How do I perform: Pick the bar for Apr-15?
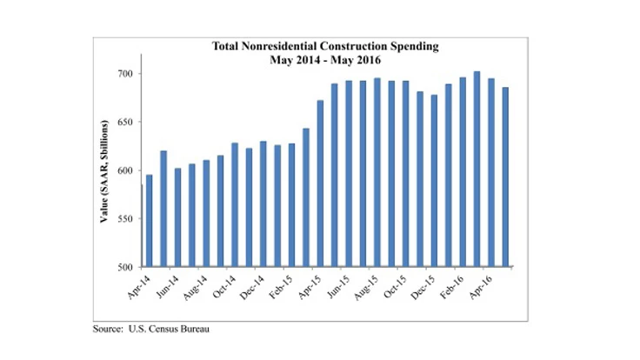(320, 183)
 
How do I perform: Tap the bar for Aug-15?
(377, 172)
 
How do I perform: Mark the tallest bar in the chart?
(477, 169)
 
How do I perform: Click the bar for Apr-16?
(490, 172)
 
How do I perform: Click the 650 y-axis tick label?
(127, 122)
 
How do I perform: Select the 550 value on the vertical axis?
(127, 218)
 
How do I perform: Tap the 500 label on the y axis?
(127, 267)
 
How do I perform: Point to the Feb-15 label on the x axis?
(280, 286)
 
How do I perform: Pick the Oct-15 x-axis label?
(394, 286)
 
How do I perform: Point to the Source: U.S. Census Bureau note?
(151, 330)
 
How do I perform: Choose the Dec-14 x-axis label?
(251, 286)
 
